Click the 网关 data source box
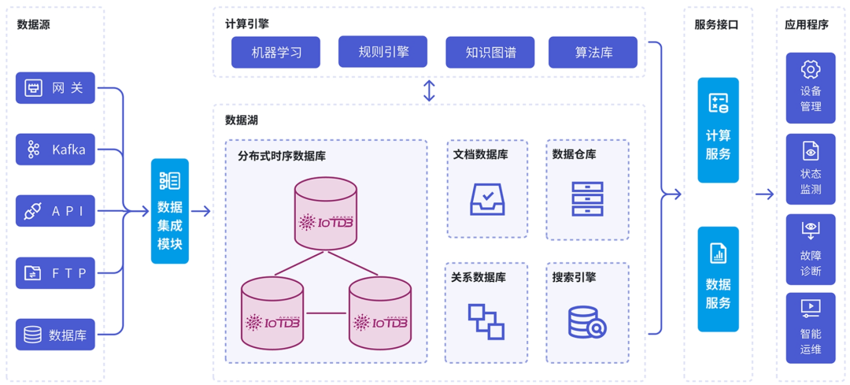coord(55,87)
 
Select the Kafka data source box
coord(55,150)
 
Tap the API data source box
coord(55,211)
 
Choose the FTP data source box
coord(55,273)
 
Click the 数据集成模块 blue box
coord(170,211)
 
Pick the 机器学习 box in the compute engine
coord(275,53)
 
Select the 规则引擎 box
coord(382,52)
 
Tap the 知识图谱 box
coord(490,53)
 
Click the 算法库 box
coord(593,53)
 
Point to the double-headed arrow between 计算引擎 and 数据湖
coord(429,91)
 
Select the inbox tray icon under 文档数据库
coord(487,198)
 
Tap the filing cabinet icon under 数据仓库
coord(587,198)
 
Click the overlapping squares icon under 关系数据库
coord(486,321)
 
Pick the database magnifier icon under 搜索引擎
coord(586,321)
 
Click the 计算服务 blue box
coord(718,130)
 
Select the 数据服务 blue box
coord(718,279)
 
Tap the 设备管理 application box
coord(810,88)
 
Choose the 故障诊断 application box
coord(810,249)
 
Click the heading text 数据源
coord(34,24)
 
